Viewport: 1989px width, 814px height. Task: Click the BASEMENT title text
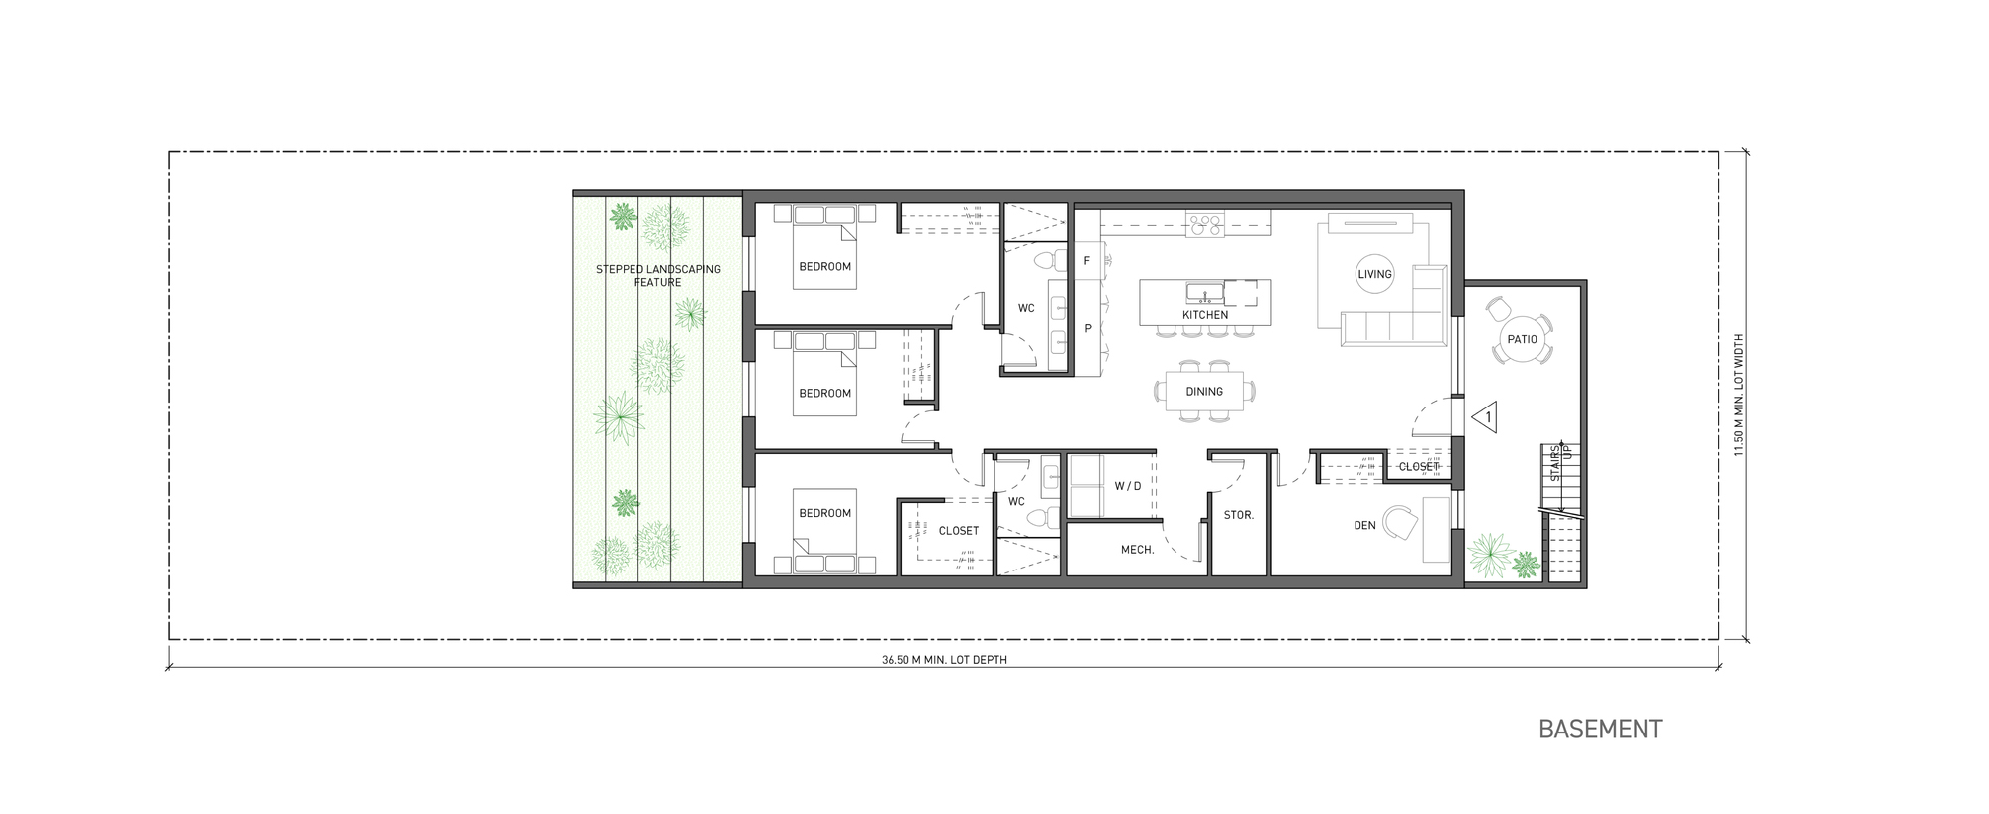pos(1599,730)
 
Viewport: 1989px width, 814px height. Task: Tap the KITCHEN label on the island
pos(1204,315)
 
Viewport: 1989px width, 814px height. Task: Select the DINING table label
pos(1203,392)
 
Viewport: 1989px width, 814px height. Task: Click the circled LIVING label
pos(1374,274)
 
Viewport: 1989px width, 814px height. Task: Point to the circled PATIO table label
pos(1522,339)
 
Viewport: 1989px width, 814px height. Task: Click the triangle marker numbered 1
pos(1487,417)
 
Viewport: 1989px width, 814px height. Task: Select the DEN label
pos(1364,525)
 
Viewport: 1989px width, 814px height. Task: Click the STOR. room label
pos(1238,516)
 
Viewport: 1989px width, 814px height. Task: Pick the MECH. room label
pos(1137,550)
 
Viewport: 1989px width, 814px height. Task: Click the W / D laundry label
pos(1127,486)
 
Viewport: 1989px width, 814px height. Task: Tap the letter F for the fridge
pos(1087,261)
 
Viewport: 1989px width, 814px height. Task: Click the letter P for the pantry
pos(1088,328)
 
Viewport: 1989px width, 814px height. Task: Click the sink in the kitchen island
pos(1204,292)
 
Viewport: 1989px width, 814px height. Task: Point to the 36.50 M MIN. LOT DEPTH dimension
pos(944,660)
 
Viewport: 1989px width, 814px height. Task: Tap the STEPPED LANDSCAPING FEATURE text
pos(657,276)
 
